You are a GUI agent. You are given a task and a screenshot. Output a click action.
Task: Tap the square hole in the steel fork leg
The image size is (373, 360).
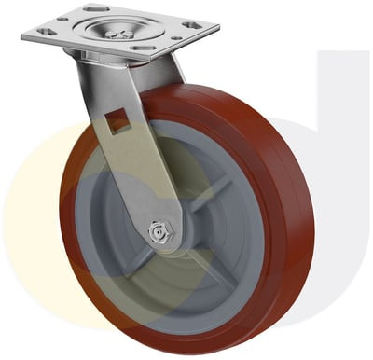[116, 118]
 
